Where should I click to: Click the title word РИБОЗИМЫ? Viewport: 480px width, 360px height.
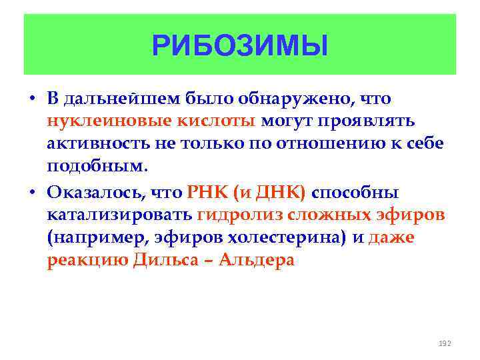tap(240, 46)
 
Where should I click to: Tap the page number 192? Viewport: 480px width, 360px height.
tap(445, 343)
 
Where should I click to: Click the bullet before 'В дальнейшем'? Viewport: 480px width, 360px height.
tap(32, 99)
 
